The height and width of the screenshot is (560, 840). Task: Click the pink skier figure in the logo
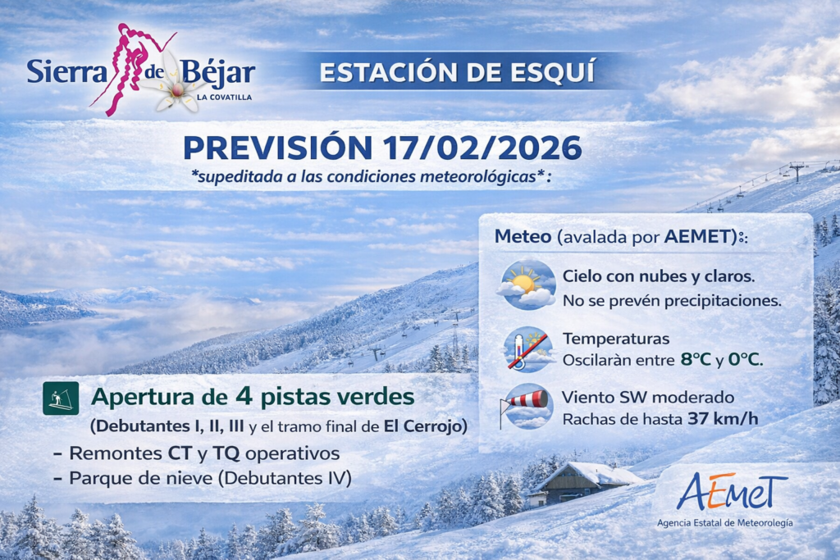pos(130,67)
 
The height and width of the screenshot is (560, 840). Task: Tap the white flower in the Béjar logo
pos(177,85)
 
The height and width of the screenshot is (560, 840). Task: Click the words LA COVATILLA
pos(224,98)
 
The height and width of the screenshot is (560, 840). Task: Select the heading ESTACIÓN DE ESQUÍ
pos(457,72)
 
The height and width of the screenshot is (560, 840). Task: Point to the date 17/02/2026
pos(482,148)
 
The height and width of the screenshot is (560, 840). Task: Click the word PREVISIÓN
pos(277,148)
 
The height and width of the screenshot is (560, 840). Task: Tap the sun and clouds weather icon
pos(526,285)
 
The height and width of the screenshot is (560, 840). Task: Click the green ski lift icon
pos(61,398)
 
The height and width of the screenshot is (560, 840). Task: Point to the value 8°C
pos(696,359)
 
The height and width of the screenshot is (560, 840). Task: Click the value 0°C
pos(744,359)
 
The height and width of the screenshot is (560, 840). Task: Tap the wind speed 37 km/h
pos(723,419)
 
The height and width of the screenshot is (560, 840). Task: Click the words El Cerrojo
pos(423,426)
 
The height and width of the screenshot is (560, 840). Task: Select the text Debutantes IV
pos(285,477)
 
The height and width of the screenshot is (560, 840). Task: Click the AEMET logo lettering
pos(732,491)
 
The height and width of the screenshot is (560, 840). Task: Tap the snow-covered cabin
pos(582,484)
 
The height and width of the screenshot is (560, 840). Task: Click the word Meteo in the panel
pos(523,236)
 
